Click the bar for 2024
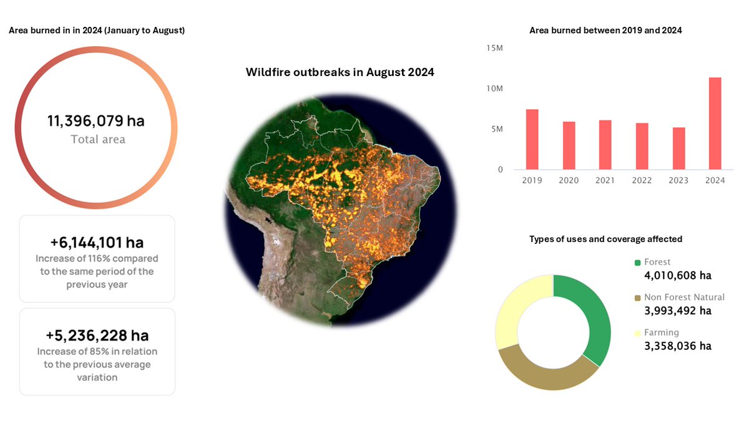(x=715, y=123)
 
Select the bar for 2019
(x=532, y=139)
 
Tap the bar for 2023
(x=678, y=148)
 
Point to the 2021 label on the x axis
(x=605, y=180)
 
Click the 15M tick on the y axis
(x=494, y=48)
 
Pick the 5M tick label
(x=496, y=129)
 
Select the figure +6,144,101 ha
(x=97, y=242)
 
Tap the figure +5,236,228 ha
(x=97, y=335)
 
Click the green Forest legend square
(x=637, y=263)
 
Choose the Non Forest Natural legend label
(x=684, y=298)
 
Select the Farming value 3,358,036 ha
(x=677, y=346)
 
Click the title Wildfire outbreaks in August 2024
(x=340, y=72)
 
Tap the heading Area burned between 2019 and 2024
(x=605, y=30)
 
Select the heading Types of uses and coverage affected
(x=605, y=239)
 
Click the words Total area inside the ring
(x=98, y=139)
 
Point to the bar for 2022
(x=642, y=146)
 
